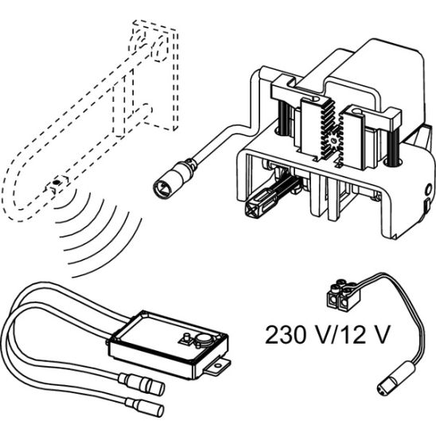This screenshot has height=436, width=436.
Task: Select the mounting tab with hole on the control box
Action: coord(217,367)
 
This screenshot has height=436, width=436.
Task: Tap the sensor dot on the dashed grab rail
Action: coord(56,182)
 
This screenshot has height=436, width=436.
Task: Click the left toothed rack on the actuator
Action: coord(318,130)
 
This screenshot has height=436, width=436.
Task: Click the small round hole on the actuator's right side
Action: coord(429,190)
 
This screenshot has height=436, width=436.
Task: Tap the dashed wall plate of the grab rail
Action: coord(155,75)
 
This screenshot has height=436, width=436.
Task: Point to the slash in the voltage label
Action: coord(333,335)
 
